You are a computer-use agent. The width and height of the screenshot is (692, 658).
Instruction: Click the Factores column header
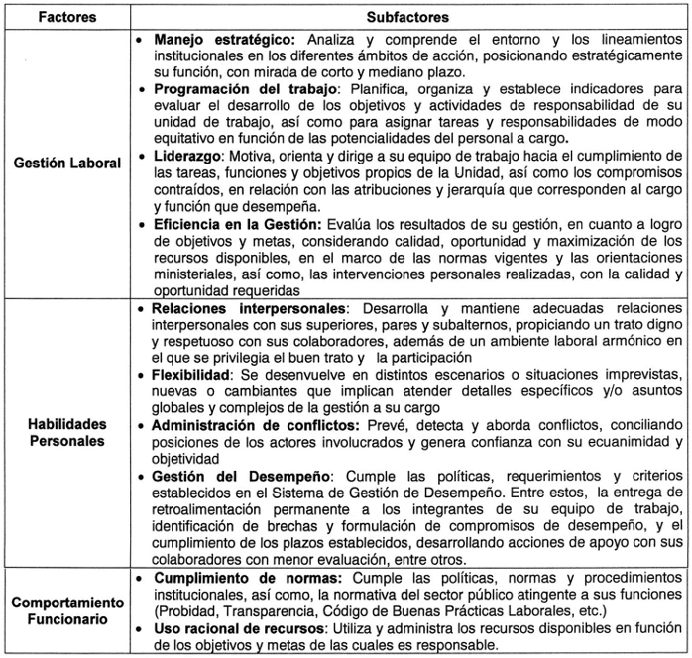coord(66,17)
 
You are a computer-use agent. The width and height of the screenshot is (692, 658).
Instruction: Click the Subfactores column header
coord(407,17)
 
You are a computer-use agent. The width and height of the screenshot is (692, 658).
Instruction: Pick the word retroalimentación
coord(206,509)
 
